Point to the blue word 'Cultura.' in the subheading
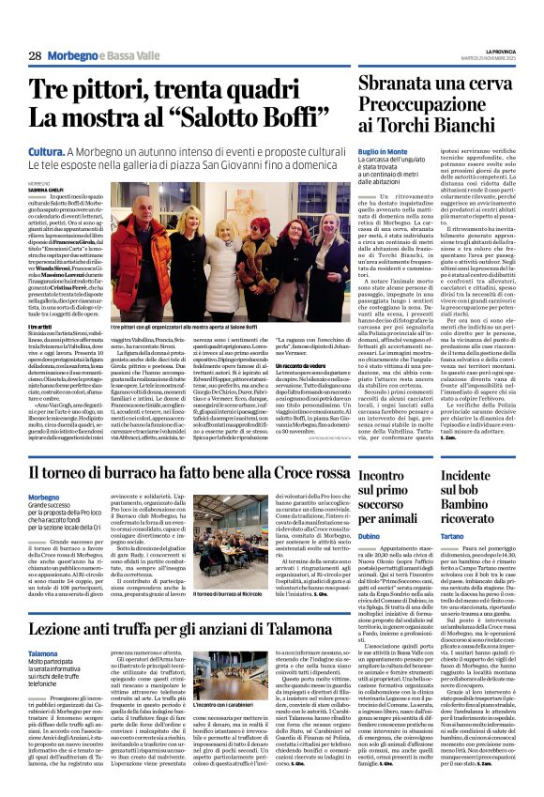click(x=46, y=151)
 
